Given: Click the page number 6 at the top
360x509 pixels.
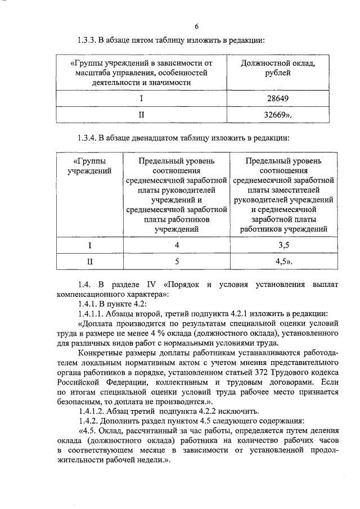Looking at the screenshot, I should coord(196,26).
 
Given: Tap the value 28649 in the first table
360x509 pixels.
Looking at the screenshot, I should coord(277,98).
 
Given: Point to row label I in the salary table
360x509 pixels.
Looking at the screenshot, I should coord(141,98).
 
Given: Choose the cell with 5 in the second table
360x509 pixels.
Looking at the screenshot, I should coord(177,262).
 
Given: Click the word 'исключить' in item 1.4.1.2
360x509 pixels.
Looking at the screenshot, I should coord(237,412).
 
